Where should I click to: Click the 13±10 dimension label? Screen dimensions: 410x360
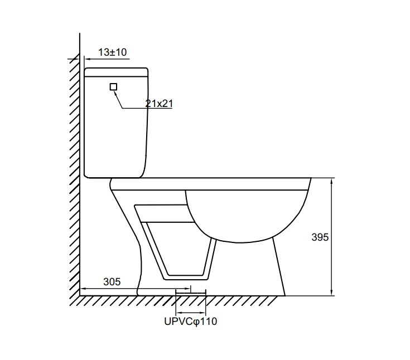point(113,52)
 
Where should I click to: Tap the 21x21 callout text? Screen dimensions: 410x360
point(159,104)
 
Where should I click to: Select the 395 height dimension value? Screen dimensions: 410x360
point(320,237)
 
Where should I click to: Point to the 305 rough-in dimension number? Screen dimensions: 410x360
point(112,281)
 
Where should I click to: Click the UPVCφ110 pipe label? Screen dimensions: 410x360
point(191,322)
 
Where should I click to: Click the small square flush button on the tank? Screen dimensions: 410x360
point(113,87)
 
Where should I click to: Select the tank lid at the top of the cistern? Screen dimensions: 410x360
point(117,72)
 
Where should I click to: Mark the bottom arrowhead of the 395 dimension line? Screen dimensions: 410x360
point(332,293)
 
